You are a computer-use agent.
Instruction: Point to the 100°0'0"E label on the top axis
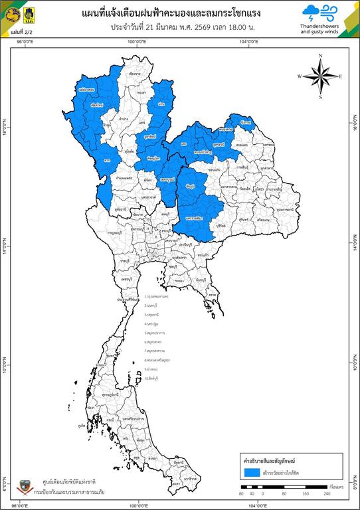(x=137, y=42)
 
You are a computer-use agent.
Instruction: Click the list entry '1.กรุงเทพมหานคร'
(x=159, y=297)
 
